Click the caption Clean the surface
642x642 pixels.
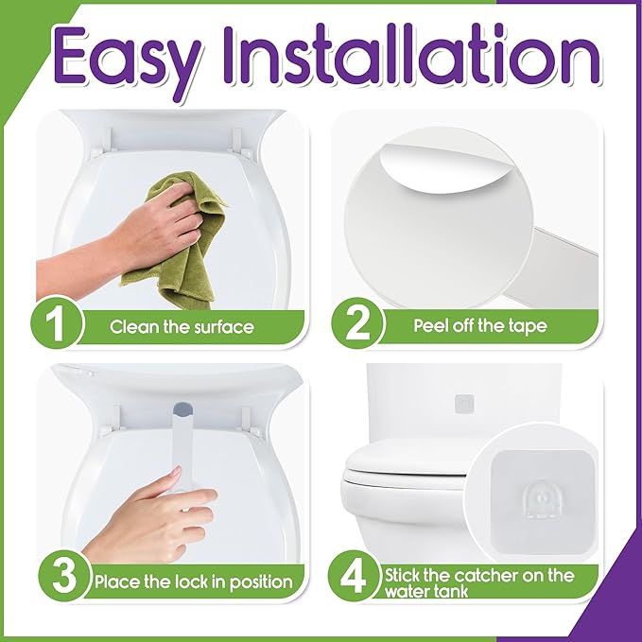click(182, 327)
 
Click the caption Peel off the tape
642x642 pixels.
click(480, 327)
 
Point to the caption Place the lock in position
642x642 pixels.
click(192, 581)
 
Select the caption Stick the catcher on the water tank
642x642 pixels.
click(492, 581)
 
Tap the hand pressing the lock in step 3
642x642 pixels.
click(151, 520)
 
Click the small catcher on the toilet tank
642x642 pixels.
click(464, 404)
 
